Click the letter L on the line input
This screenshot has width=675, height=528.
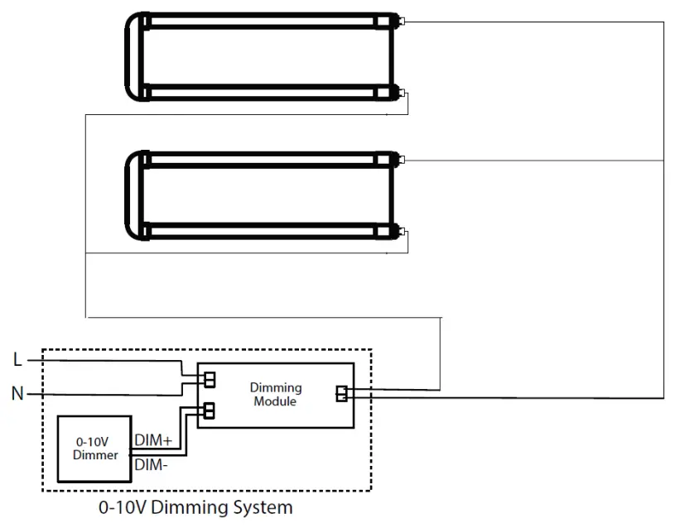click(x=18, y=360)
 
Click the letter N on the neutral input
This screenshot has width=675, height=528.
click(x=17, y=394)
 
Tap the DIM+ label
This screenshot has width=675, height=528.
click(x=152, y=442)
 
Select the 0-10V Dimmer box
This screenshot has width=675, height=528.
click(x=93, y=449)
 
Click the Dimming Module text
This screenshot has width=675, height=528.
click(x=276, y=394)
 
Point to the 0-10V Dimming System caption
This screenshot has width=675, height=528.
click(x=195, y=506)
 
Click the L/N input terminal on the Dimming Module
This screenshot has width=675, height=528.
click(x=210, y=379)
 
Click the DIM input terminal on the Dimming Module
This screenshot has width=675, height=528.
click(x=210, y=409)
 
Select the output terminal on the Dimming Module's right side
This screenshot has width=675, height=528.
click(x=341, y=394)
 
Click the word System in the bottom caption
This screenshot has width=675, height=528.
click(x=262, y=506)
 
